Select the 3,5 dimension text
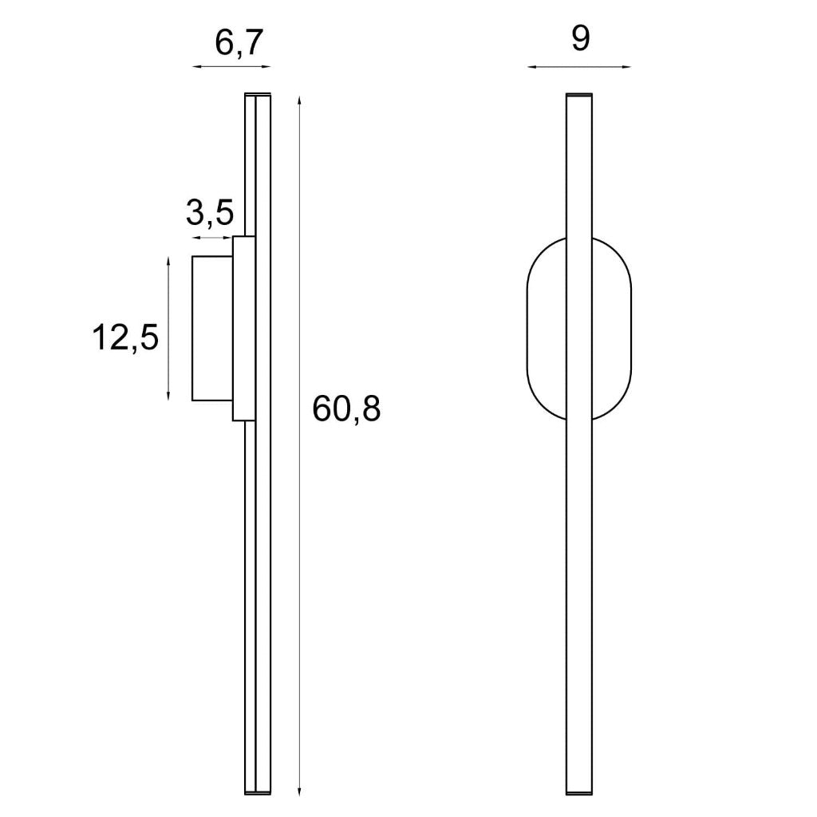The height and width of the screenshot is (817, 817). (210, 212)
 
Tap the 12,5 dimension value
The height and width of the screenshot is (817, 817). (125, 337)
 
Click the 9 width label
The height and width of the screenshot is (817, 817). (581, 38)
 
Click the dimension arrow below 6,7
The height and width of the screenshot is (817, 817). (232, 67)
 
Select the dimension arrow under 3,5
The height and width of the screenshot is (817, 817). (212, 238)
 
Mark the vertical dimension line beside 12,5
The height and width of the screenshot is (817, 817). (168, 328)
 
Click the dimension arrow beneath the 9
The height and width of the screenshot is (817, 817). (579, 67)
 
